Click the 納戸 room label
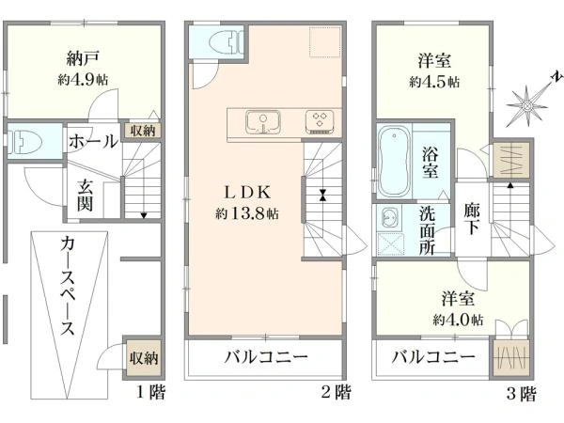pyautogui.click(x=83, y=58)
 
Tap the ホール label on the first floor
pyautogui.click(x=93, y=141)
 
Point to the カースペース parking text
pyautogui.click(x=68, y=286)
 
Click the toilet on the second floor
pyautogui.click(x=227, y=41)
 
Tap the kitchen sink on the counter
pyautogui.click(x=263, y=122)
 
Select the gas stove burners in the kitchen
pyautogui.click(x=320, y=122)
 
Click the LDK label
pyautogui.click(x=246, y=193)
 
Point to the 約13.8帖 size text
pyautogui.click(x=246, y=214)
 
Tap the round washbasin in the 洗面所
pyautogui.click(x=388, y=217)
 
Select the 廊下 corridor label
pyautogui.click(x=471, y=219)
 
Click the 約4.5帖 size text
pyautogui.click(x=434, y=82)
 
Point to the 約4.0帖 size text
pyautogui.click(x=458, y=320)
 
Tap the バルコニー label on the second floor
pyautogui.click(x=267, y=357)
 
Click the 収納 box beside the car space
pyautogui.click(x=144, y=357)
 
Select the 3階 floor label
pyautogui.click(x=521, y=393)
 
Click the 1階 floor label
pyautogui.click(x=150, y=392)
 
